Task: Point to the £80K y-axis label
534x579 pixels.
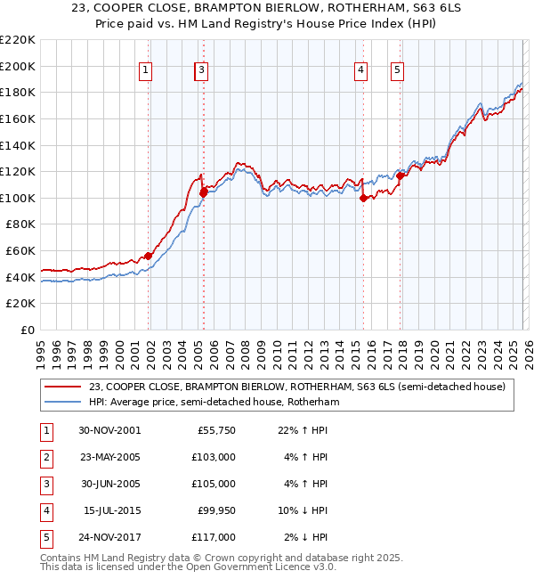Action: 20,224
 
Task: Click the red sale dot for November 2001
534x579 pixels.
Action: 149,257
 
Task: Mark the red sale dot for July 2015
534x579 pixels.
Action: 363,199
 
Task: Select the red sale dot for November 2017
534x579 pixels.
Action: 400,175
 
